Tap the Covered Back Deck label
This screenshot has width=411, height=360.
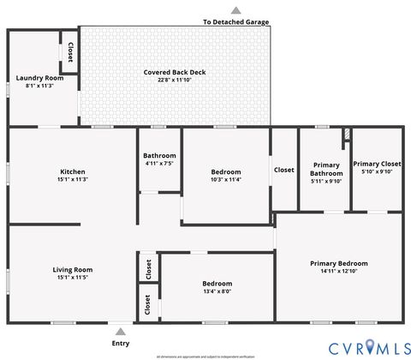coord(175,72)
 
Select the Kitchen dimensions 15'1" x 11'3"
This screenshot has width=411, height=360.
coord(73,180)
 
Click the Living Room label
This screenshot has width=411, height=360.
coord(73,269)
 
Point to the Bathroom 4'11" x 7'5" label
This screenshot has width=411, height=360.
coord(159,155)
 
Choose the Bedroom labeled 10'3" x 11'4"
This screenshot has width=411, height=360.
coord(227,171)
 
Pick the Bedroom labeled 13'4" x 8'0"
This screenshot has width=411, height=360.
coord(217,283)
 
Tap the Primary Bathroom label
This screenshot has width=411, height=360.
coord(325,169)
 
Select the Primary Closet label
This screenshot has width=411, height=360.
coord(377,164)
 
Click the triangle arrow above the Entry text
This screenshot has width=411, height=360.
coord(121,331)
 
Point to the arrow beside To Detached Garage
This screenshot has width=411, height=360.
coord(235,10)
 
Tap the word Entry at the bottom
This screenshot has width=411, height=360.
coord(121,343)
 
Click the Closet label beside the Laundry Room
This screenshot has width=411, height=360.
coord(70,52)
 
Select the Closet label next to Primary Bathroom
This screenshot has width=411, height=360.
coord(283,170)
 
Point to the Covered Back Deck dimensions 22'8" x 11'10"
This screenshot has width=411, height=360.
coord(175,81)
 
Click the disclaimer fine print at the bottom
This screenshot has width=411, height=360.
coord(205,355)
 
